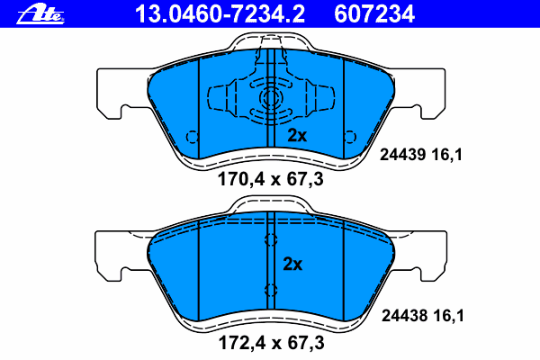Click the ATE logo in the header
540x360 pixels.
(x=40, y=14)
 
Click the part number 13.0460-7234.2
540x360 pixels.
(x=220, y=14)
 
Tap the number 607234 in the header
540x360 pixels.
(x=374, y=14)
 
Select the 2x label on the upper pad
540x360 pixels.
(x=297, y=136)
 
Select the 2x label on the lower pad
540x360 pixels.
(x=292, y=265)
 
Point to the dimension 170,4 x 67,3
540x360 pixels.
(x=271, y=179)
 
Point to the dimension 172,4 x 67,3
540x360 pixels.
(x=272, y=343)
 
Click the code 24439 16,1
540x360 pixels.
(x=421, y=155)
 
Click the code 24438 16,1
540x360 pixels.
(x=423, y=316)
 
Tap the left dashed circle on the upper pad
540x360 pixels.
(x=192, y=137)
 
